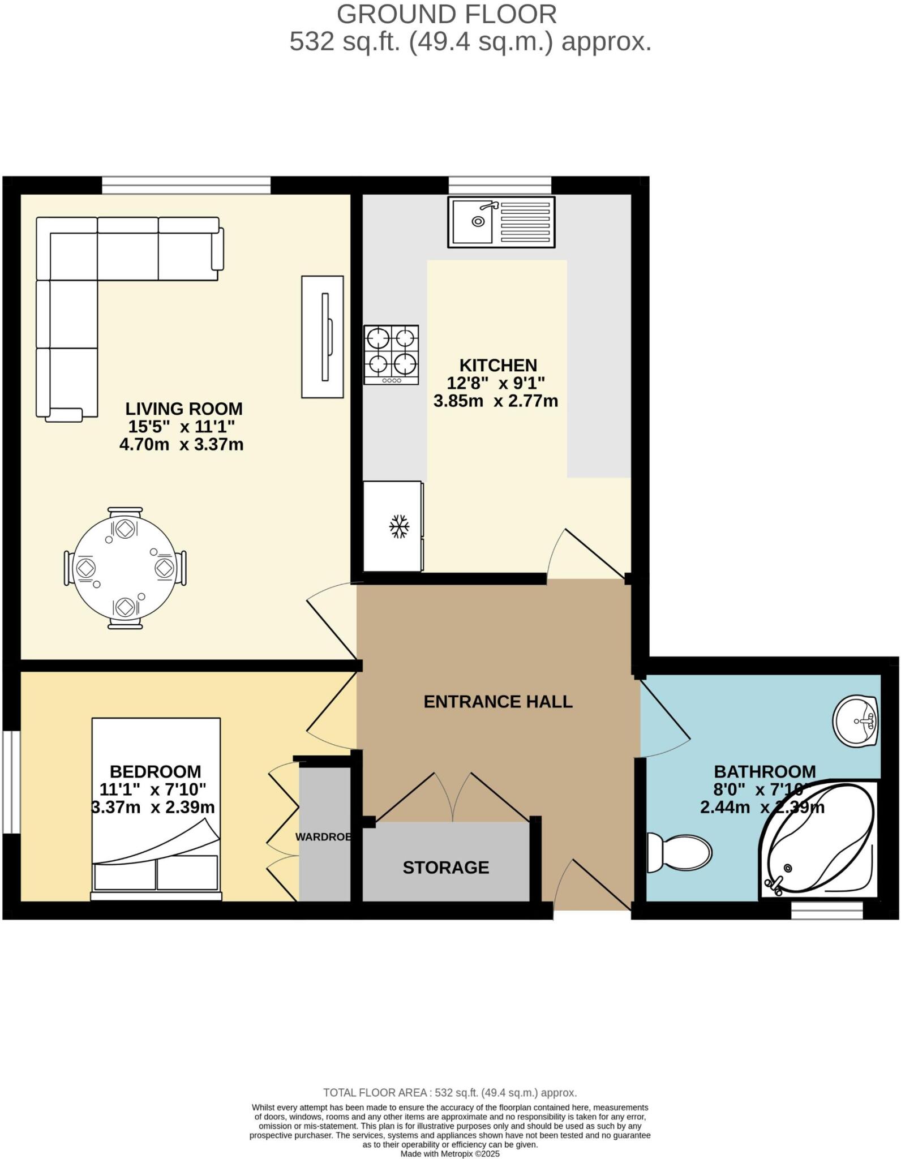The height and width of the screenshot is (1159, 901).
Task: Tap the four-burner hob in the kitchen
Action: [x=391, y=354]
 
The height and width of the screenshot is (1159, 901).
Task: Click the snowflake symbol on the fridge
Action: [x=399, y=526]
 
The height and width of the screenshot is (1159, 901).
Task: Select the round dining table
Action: [x=125, y=568]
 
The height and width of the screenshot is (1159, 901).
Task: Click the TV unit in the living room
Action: [x=322, y=337]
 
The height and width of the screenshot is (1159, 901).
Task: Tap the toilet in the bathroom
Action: [x=679, y=853]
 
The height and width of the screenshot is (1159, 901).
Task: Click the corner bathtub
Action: [x=818, y=840]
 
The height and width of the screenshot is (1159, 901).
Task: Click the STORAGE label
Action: [x=445, y=867]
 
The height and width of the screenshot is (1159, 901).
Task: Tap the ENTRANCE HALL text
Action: [x=498, y=702]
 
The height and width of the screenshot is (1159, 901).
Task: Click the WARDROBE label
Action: [x=323, y=836]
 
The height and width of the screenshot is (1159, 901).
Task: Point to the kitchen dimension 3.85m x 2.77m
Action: [x=496, y=401]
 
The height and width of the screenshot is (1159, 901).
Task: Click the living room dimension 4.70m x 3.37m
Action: [x=181, y=444]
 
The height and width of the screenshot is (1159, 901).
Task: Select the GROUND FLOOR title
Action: [x=447, y=14]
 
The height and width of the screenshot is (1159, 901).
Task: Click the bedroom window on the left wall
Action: [x=11, y=782]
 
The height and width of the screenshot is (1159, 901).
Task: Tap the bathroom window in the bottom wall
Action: [x=826, y=910]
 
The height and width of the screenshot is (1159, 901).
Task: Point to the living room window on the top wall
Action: [x=186, y=184]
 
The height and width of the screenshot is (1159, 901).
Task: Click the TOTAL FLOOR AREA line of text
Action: [x=450, y=1092]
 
